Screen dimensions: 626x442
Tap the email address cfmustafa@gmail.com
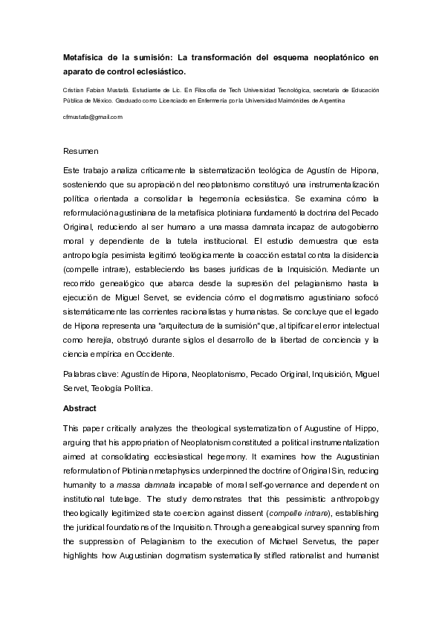point(92,117)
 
